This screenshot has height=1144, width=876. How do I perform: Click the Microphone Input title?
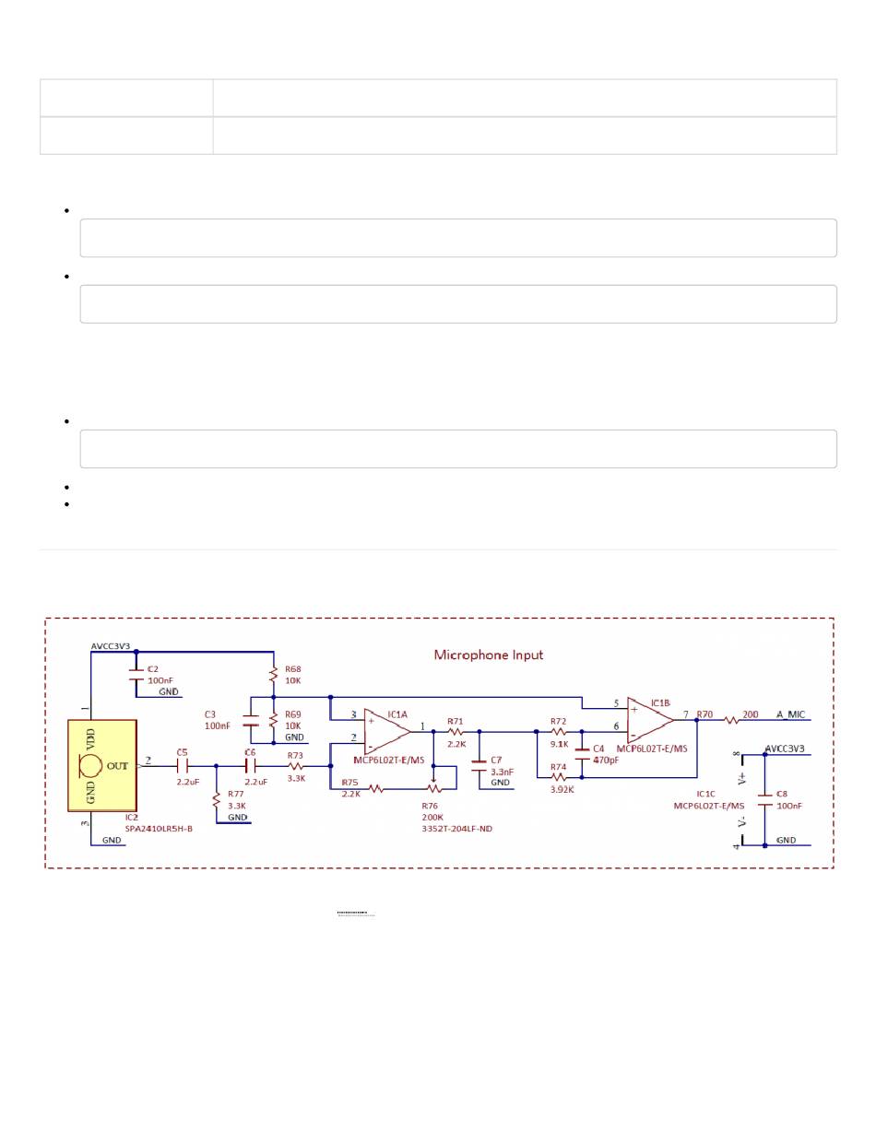[489, 655]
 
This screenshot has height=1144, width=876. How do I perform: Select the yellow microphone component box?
[102, 765]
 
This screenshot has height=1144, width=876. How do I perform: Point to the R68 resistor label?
[293, 669]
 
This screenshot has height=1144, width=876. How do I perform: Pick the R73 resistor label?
[295, 754]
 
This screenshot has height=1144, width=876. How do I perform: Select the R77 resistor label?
[237, 794]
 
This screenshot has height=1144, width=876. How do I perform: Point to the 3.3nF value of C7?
[502, 772]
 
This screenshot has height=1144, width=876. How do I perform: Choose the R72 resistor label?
[558, 721]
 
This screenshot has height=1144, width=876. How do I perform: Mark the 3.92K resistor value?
[562, 789]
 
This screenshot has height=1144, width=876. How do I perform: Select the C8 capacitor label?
[782, 793]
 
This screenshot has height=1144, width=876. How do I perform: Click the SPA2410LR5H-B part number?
[159, 828]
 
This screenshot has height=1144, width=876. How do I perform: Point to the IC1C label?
[705, 793]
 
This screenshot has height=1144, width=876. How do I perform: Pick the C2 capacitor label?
[153, 668]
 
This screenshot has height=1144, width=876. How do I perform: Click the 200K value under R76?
[432, 818]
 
